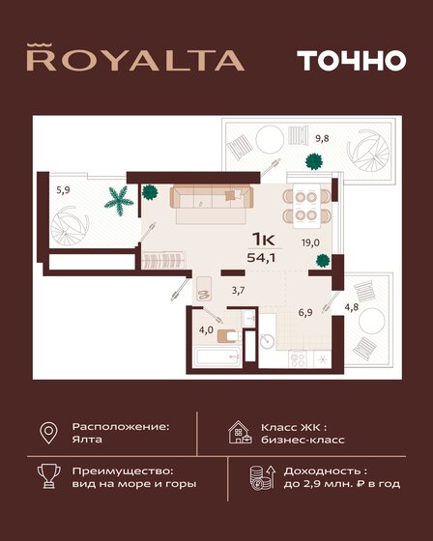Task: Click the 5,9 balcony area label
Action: [63, 189]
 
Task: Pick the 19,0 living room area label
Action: [309, 243]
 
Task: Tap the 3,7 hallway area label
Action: [238, 289]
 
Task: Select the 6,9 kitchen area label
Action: [304, 311]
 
